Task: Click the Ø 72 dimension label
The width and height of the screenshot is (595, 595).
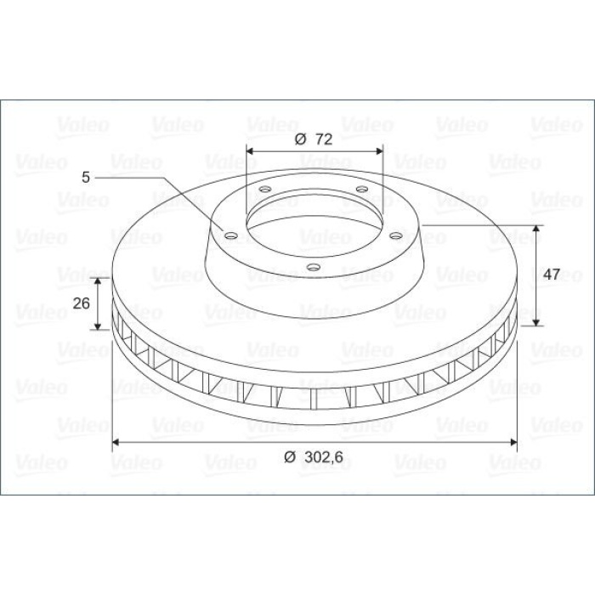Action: [x=314, y=139]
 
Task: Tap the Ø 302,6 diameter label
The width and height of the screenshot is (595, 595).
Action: [x=314, y=457]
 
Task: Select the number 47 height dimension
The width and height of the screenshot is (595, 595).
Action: [x=552, y=274]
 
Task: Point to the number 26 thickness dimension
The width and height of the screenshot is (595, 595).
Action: [x=82, y=303]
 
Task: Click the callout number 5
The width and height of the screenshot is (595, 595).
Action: [x=86, y=177]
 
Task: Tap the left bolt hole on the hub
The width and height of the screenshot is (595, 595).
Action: [x=230, y=235]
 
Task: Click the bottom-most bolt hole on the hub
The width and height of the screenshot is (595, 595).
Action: [x=313, y=267]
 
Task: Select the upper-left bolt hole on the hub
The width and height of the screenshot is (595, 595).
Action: [x=264, y=189]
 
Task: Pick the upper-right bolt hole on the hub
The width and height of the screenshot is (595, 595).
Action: [x=362, y=189]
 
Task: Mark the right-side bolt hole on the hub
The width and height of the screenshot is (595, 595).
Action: [x=396, y=235]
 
